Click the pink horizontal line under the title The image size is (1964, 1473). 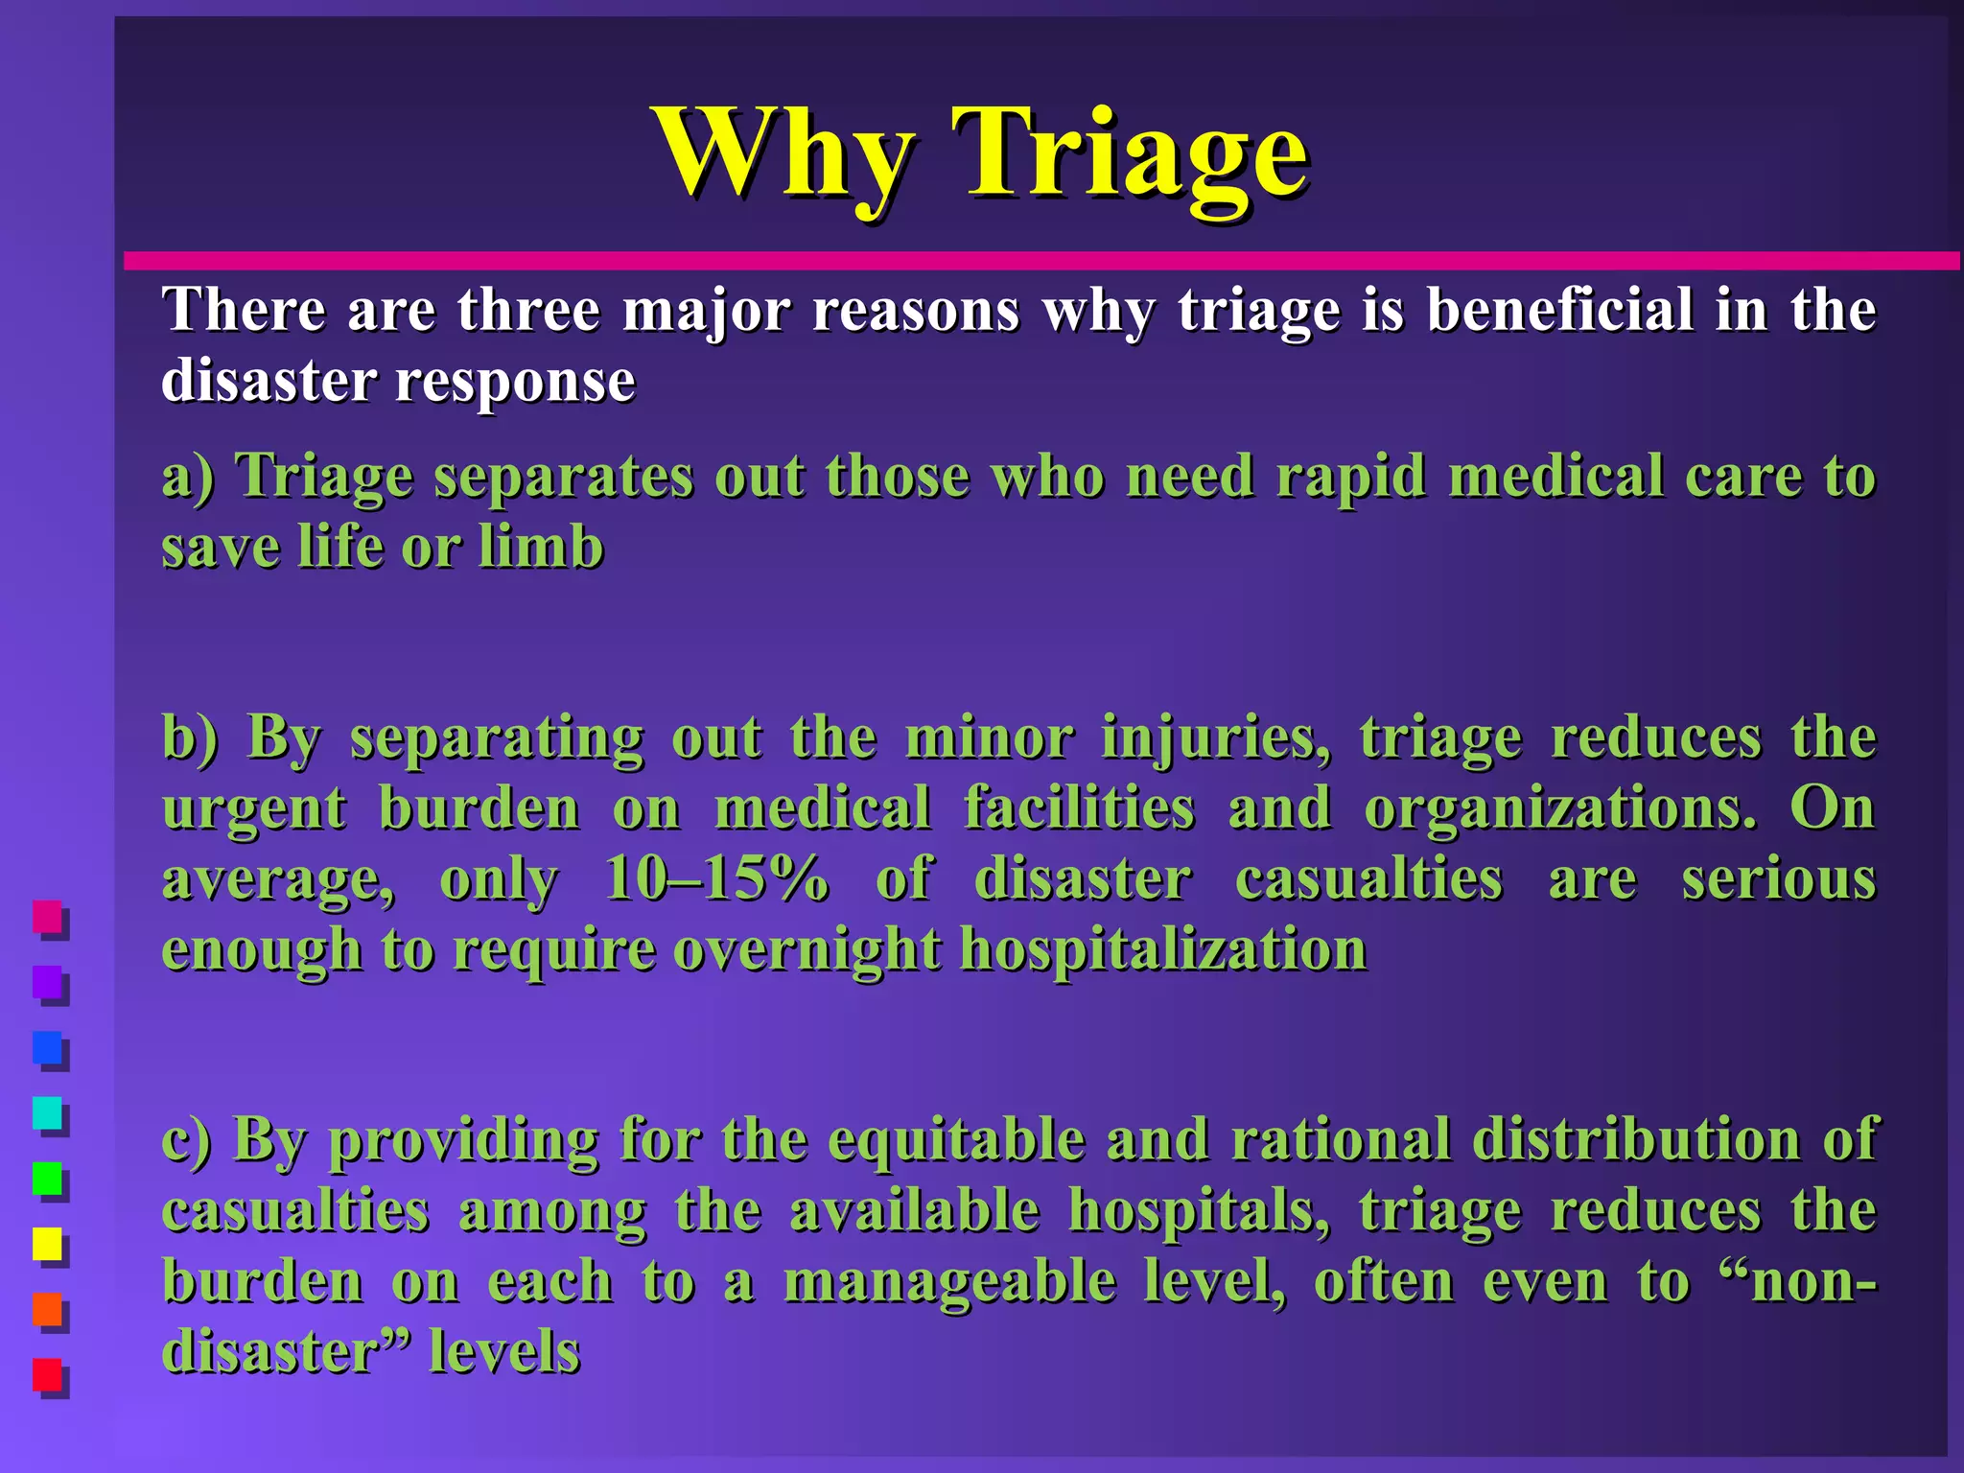(1040, 261)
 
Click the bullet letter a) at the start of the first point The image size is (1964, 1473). (188, 477)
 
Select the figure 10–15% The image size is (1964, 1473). (715, 878)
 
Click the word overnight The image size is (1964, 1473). (807, 949)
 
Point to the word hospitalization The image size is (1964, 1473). (1163, 949)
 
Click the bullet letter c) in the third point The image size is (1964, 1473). (186, 1140)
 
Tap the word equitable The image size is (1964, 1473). (956, 1139)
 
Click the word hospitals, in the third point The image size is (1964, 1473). (1199, 1210)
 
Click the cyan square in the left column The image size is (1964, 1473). (47, 1113)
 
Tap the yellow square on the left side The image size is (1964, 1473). (47, 1245)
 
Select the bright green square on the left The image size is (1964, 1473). (47, 1179)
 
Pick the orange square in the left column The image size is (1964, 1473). (47, 1310)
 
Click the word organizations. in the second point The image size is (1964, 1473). (1560, 808)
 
